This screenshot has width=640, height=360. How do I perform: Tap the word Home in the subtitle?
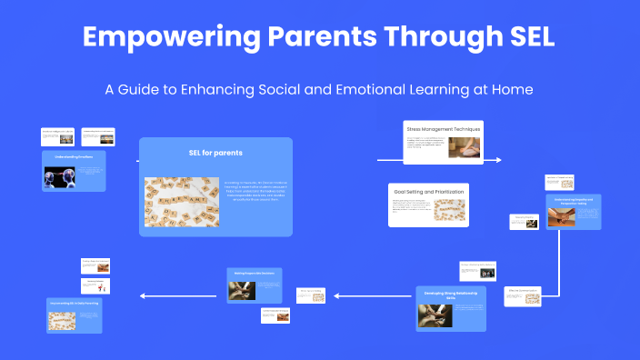pos(509,89)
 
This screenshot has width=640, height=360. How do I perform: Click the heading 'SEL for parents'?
pos(215,153)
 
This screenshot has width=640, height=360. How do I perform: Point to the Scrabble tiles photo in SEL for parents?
pos(176,201)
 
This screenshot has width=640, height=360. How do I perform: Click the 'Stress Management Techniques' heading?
pos(444,130)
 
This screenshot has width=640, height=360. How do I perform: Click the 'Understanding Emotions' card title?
pos(74,156)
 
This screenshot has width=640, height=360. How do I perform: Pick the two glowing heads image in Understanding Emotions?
pos(59,176)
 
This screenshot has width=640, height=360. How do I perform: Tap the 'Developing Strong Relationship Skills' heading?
pos(452,295)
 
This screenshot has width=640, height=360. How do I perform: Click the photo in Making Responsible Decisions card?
pos(241,288)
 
